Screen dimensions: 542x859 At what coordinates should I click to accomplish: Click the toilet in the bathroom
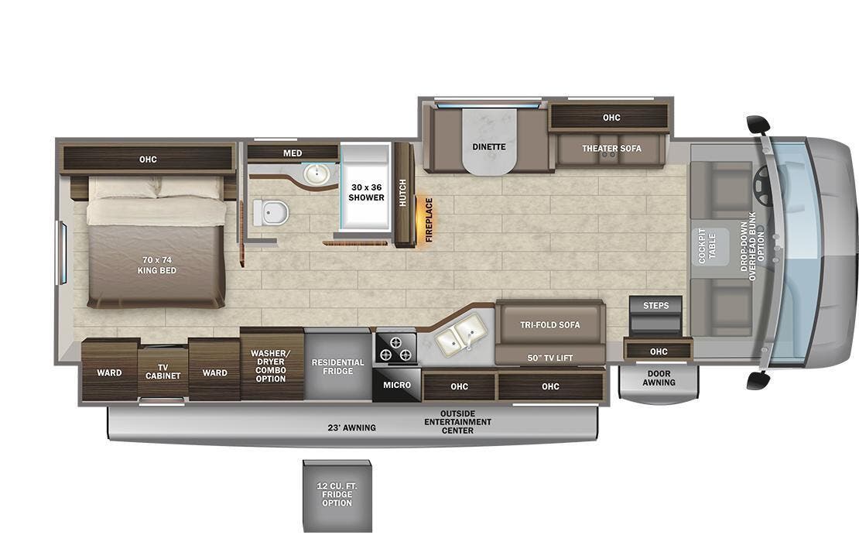(x=271, y=211)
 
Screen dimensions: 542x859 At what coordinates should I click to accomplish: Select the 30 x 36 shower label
(x=367, y=192)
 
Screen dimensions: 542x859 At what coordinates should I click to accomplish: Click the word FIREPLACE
(x=429, y=220)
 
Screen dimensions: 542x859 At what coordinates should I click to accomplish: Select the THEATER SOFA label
(x=611, y=149)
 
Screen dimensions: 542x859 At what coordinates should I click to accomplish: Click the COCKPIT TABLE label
(x=707, y=245)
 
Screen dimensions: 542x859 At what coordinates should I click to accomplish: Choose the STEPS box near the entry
(x=655, y=306)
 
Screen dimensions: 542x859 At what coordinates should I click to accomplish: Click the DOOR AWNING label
(x=659, y=377)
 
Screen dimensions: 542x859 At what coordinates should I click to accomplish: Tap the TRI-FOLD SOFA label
(x=549, y=324)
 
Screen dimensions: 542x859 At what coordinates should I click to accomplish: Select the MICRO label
(x=397, y=385)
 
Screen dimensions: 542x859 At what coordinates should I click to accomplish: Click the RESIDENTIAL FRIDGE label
(x=337, y=366)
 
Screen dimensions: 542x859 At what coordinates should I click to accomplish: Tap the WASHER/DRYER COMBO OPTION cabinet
(x=271, y=365)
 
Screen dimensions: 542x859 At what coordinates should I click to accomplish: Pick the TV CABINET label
(x=163, y=371)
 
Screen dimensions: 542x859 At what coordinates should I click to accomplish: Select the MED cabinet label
(x=293, y=153)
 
